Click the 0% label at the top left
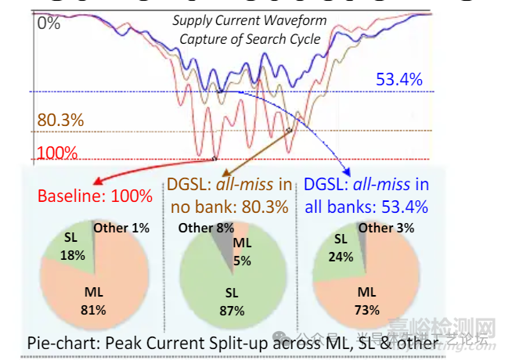click(x=49, y=23)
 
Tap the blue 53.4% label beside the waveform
click(x=399, y=79)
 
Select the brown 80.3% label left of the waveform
click(x=60, y=121)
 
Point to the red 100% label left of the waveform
click(x=57, y=151)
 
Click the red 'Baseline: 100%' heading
click(x=95, y=196)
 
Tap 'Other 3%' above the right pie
click(x=384, y=228)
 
